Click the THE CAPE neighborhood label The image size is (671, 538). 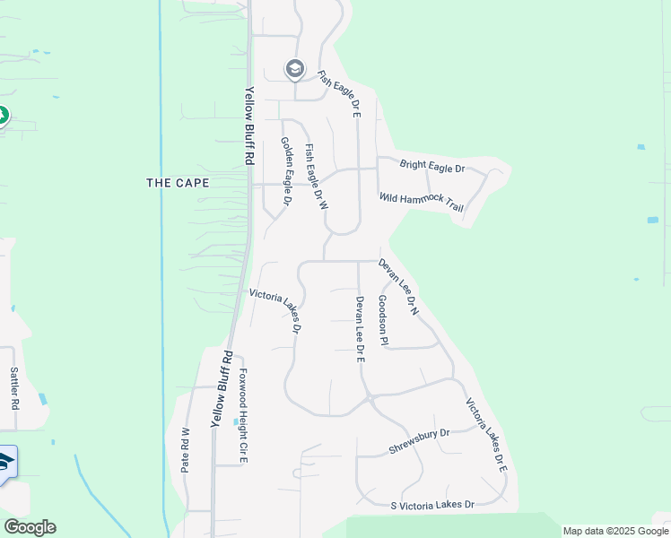pos(178,183)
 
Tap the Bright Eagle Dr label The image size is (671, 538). pos(432,168)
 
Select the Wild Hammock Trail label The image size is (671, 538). pos(421,202)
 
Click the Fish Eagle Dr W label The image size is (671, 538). pos(317,177)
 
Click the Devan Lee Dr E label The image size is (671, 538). pos(360,328)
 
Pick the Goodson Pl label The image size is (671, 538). pos(383,320)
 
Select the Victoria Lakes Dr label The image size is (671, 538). pos(274,310)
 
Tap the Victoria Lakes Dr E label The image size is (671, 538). pos(486,435)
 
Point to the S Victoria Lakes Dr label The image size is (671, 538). pos(432,506)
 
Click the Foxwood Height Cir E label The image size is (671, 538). pos(242,416)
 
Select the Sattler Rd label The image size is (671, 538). pos(14,387)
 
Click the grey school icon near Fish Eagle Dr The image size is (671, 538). pos(294,69)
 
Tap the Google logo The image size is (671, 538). pos(30,527)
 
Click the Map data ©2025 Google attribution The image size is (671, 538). pos(614,531)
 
